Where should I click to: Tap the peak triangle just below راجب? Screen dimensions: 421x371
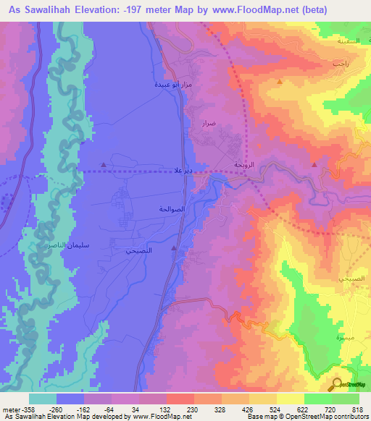[x=278, y=82]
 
